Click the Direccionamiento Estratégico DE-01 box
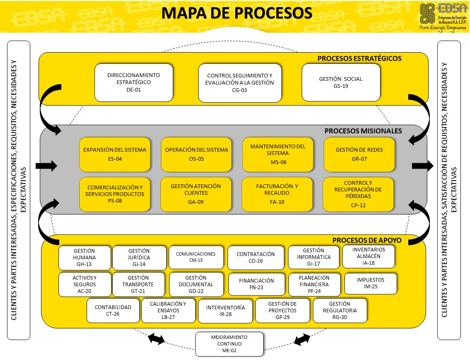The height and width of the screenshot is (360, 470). [x=133, y=82]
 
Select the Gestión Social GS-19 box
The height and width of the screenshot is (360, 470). [x=341, y=82]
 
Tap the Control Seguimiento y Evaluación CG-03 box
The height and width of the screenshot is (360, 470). [x=240, y=82]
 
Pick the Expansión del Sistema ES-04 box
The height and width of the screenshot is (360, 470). [x=115, y=154]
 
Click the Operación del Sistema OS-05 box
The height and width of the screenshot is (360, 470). [x=196, y=154]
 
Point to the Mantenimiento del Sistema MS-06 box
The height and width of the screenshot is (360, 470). [x=278, y=154]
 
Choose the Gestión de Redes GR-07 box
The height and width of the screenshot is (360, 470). [x=359, y=154]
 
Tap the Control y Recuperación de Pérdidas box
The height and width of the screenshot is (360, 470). [x=358, y=194]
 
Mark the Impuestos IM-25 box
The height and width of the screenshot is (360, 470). [x=371, y=283]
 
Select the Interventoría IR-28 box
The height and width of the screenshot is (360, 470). [x=225, y=311]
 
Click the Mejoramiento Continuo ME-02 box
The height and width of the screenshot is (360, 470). [x=229, y=344]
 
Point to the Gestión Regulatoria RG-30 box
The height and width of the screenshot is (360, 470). [x=340, y=311]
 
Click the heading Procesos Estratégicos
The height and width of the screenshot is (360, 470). [x=359, y=58]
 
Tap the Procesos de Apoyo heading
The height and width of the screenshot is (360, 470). [x=367, y=240]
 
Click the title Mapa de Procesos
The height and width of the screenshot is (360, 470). [x=237, y=13]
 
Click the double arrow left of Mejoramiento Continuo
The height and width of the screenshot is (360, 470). [x=157, y=338]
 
